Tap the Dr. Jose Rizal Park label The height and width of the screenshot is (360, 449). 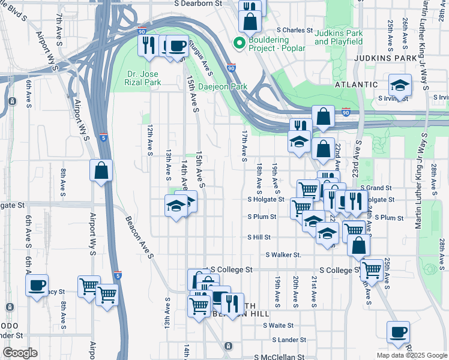click(144, 78)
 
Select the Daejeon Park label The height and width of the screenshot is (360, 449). click(223, 86)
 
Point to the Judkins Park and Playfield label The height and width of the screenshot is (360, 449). click(339, 37)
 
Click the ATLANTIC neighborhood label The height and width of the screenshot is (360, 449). click(357, 85)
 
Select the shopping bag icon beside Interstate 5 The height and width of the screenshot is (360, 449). click(101, 170)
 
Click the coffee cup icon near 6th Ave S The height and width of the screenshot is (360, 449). click(37, 284)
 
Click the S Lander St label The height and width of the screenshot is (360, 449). click(290, 340)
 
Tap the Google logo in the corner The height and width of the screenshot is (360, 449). click(20, 353)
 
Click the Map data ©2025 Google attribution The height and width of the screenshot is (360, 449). click(411, 355)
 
